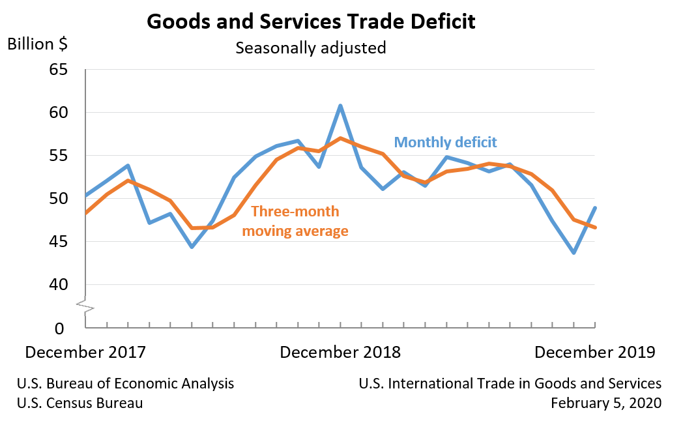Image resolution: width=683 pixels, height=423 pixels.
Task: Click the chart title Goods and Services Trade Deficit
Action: [311, 21]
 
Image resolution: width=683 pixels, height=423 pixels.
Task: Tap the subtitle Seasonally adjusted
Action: [311, 48]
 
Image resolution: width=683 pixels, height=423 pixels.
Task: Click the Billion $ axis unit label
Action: [37, 44]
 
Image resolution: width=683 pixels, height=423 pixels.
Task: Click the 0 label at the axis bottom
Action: [59, 328]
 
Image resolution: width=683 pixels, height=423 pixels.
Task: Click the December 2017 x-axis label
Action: [85, 353]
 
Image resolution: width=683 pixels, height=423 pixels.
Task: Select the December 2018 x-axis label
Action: [340, 353]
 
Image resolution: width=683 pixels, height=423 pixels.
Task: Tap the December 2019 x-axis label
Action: [594, 353]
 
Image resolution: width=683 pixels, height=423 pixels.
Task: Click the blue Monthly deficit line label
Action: [446, 142]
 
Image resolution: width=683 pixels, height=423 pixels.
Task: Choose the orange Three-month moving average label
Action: [295, 221]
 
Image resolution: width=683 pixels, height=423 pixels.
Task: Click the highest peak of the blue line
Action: [340, 106]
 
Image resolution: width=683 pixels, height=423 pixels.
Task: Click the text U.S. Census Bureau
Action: [80, 403]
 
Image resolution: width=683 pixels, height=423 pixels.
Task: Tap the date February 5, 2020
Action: [605, 403]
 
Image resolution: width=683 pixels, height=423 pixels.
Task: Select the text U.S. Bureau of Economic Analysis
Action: [126, 384]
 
